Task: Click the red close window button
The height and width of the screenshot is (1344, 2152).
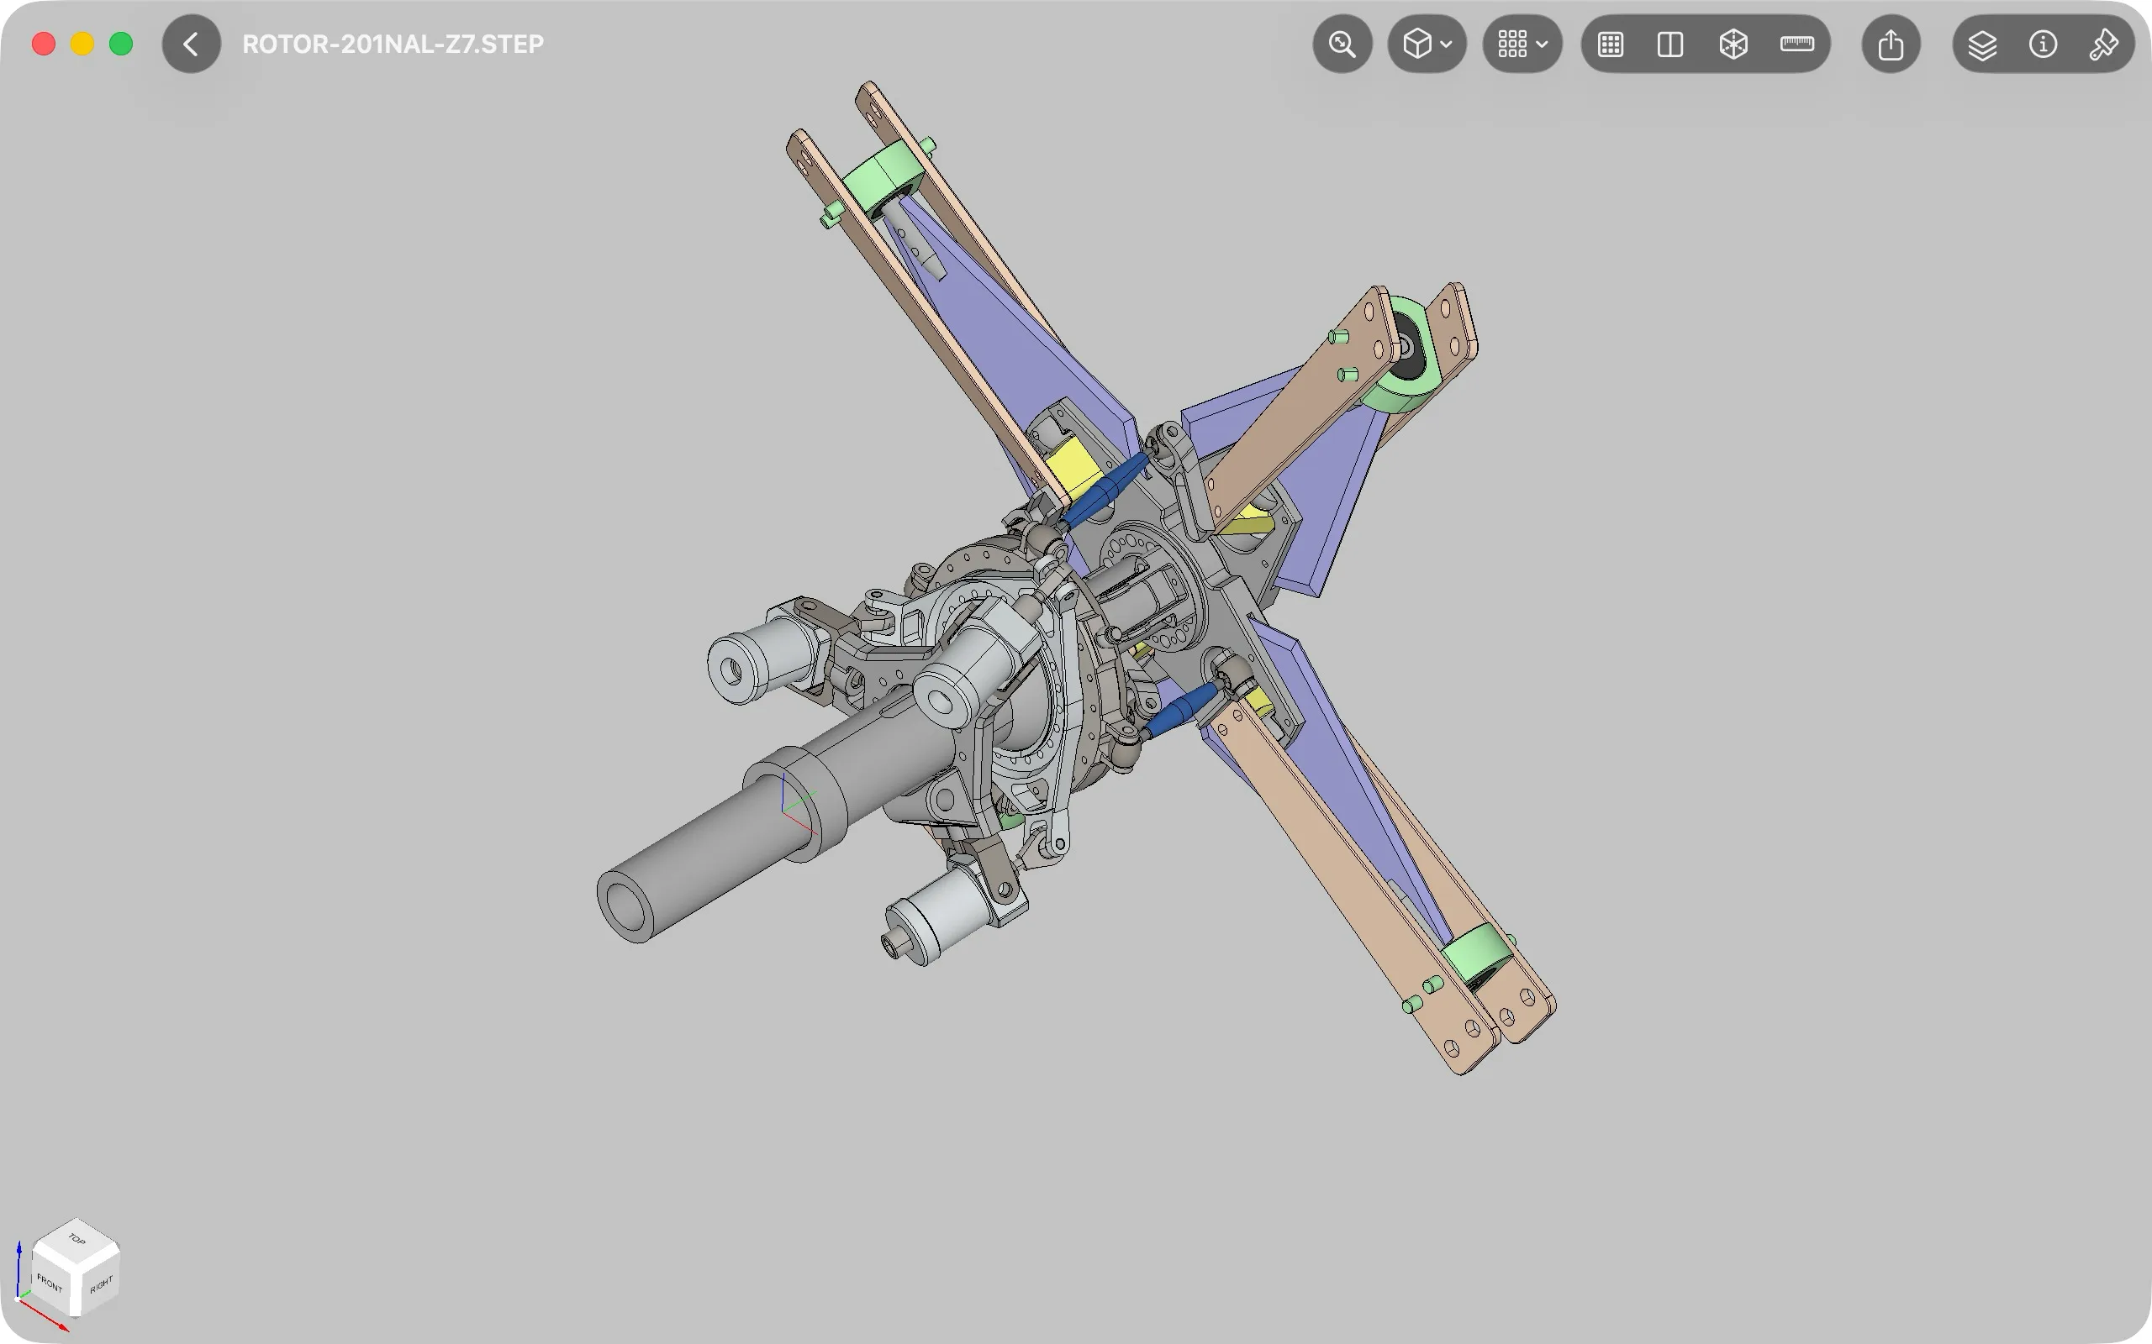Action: (44, 44)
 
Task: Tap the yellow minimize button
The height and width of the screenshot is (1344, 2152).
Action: (82, 44)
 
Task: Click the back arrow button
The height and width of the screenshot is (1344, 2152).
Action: (191, 44)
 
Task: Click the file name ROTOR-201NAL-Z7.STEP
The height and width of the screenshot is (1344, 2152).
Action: (393, 44)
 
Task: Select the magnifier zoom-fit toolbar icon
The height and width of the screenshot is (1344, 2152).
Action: (1342, 44)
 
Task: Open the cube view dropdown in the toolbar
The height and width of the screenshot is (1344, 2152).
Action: (1427, 44)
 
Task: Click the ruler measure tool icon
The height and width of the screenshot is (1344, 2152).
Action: (1797, 44)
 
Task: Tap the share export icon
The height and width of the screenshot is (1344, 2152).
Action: (1891, 44)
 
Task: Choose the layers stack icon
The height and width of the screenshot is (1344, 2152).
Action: (1982, 45)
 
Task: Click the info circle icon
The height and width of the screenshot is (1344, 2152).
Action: (2043, 44)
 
